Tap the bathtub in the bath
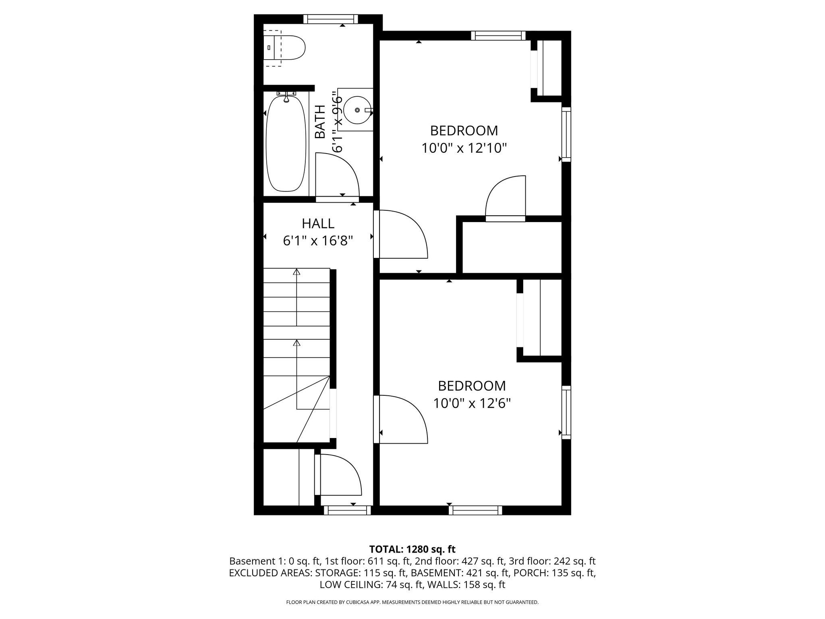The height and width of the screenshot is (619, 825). tap(286, 143)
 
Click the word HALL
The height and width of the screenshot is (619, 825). tap(318, 223)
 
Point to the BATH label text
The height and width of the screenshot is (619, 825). tap(320, 122)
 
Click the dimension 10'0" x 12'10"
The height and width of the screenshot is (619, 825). tap(464, 148)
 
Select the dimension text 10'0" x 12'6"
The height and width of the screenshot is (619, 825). tap(472, 403)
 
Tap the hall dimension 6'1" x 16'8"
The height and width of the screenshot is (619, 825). tap(318, 241)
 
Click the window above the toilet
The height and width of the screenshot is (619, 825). tap(330, 19)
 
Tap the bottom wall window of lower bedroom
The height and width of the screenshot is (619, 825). tap(475, 510)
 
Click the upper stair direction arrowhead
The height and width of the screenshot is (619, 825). tap(296, 272)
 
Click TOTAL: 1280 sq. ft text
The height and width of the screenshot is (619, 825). tap(412, 549)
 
